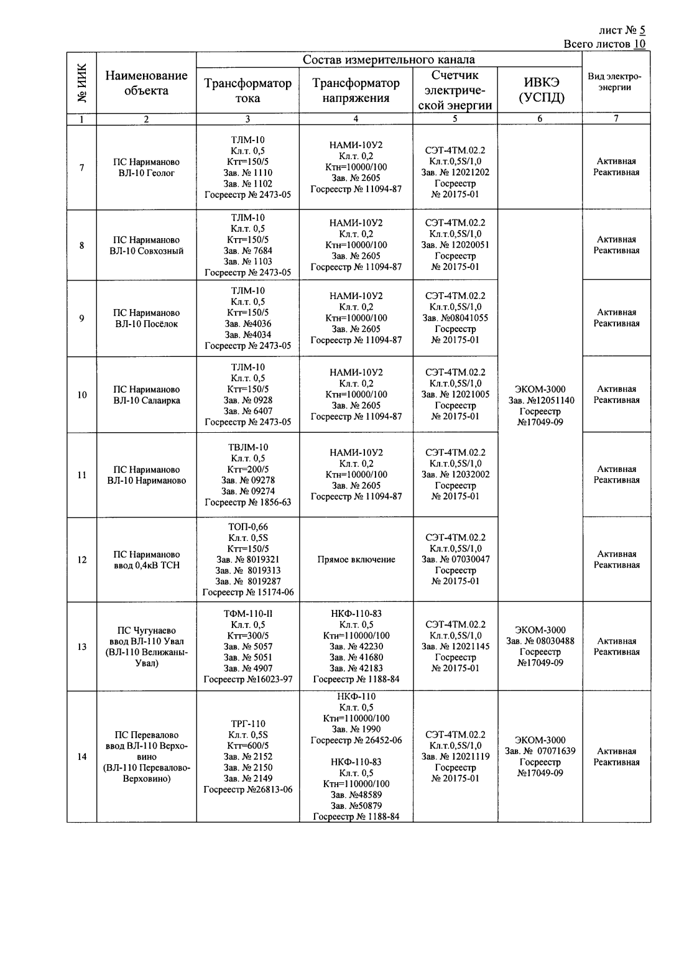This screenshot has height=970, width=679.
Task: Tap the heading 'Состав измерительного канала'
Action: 389,60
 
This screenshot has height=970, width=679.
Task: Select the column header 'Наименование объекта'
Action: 146,83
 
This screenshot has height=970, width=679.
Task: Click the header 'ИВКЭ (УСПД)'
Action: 540,90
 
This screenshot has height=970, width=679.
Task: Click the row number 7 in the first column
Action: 81,167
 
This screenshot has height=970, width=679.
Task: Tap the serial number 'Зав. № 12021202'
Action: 455,172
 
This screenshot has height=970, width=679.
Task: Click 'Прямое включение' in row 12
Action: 356,560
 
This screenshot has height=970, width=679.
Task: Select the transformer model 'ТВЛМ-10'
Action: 248,447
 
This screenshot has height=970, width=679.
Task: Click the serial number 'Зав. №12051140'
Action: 540,400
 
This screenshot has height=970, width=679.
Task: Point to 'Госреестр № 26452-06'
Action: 356,740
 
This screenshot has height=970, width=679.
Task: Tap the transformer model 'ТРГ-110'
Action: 248,723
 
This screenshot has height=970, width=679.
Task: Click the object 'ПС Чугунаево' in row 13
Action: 146,630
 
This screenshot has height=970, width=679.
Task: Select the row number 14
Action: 81,757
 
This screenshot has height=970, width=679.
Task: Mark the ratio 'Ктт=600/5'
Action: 248,746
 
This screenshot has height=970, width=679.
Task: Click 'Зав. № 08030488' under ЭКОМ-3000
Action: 540,641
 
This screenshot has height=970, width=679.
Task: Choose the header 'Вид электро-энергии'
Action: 615,82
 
